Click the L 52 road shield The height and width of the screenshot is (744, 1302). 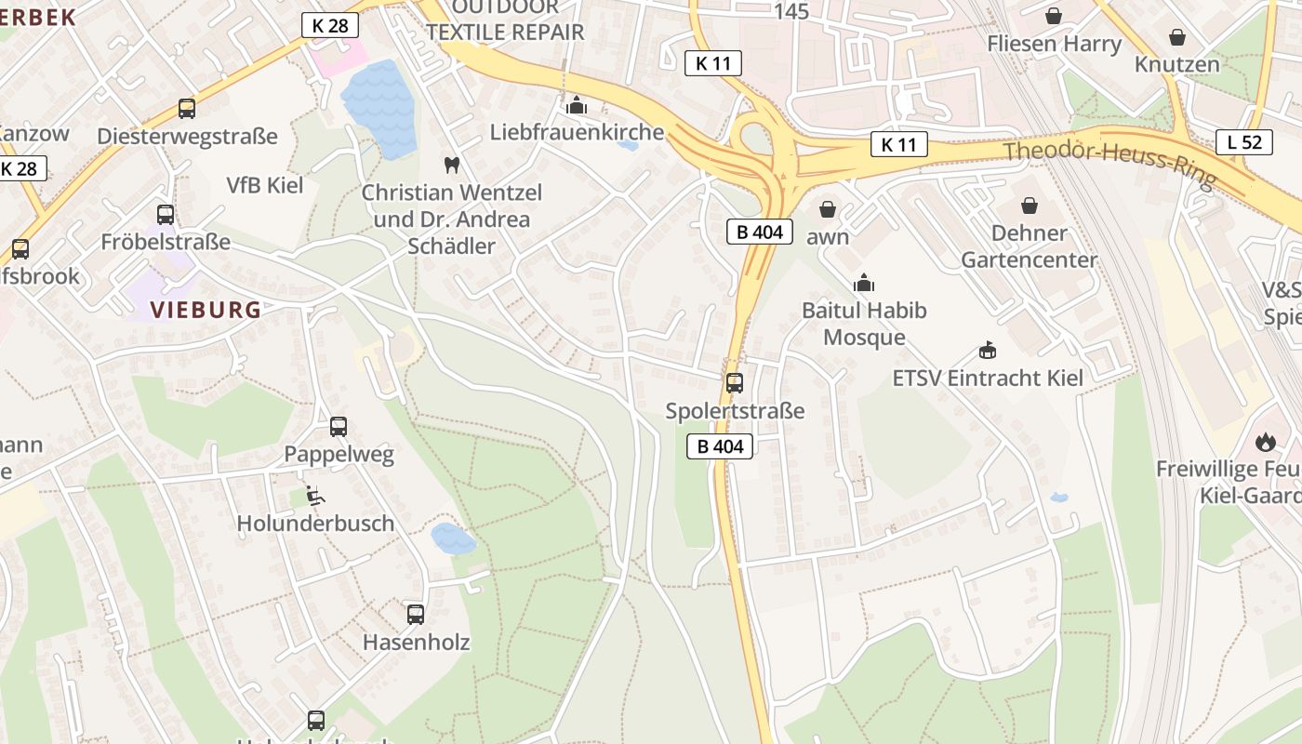(x=1244, y=142)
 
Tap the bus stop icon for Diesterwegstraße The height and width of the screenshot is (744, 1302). (x=187, y=109)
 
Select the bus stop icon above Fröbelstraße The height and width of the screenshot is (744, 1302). (x=166, y=215)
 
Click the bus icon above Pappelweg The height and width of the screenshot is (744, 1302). (x=339, y=427)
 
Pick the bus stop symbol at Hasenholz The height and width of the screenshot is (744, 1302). (x=416, y=614)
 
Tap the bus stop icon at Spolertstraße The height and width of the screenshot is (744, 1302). (x=735, y=382)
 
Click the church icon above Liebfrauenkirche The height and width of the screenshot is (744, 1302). (x=577, y=104)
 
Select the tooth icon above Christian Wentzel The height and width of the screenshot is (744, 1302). (x=453, y=166)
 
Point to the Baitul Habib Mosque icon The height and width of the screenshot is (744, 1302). (x=864, y=282)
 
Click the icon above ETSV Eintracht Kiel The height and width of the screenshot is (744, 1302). (x=988, y=350)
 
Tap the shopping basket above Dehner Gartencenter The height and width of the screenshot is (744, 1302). (x=1030, y=205)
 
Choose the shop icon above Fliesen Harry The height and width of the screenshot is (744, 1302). (x=1054, y=16)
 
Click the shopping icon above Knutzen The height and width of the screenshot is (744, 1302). (x=1177, y=37)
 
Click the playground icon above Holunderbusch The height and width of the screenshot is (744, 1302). (x=315, y=496)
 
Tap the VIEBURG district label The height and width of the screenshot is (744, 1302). (x=206, y=310)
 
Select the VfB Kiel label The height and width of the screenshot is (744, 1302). (x=265, y=185)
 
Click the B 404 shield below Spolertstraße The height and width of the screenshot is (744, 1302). (x=720, y=446)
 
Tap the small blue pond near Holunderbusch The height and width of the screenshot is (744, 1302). (x=453, y=538)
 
